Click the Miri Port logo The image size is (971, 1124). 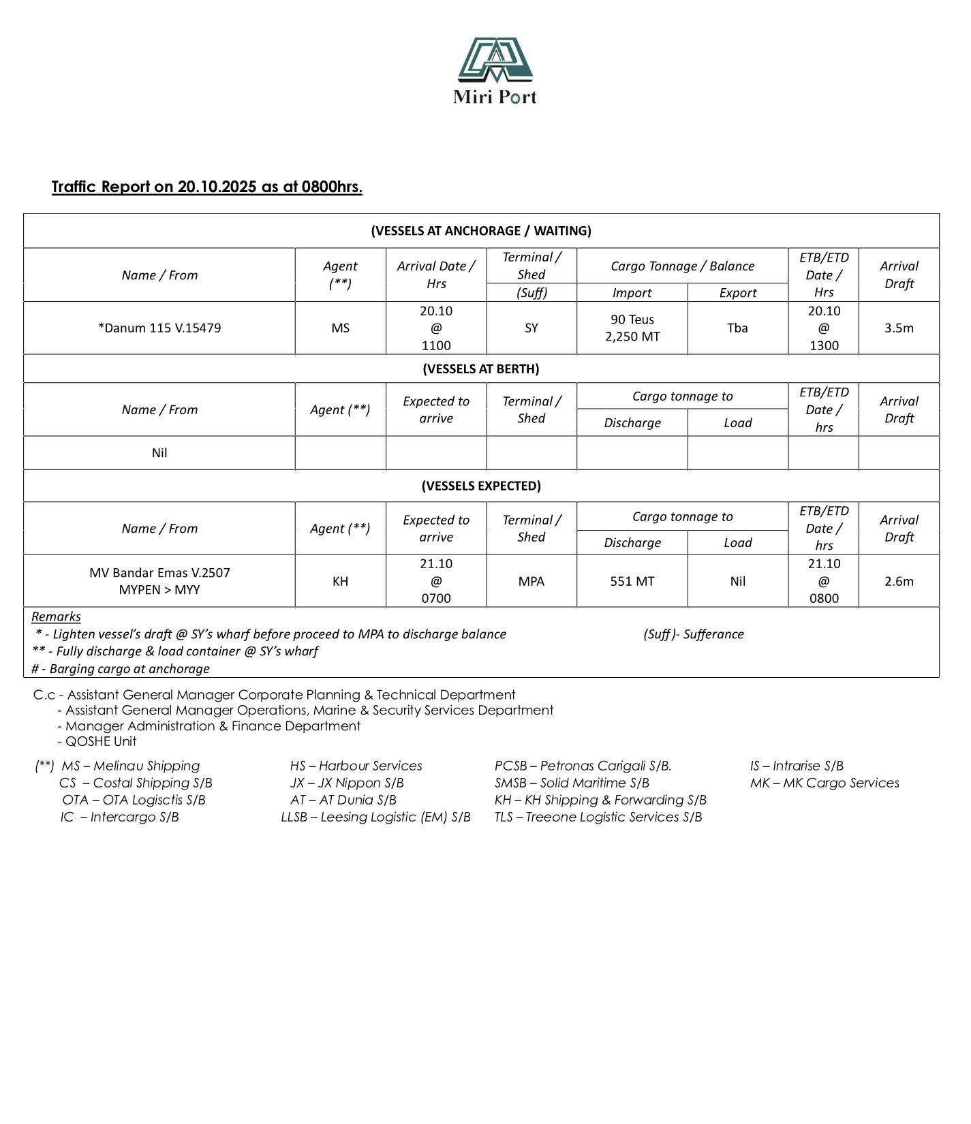coord(495,70)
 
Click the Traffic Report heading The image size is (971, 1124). coord(206,187)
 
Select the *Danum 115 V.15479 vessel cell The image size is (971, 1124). coord(159,328)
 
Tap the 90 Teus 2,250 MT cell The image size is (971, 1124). coord(632,328)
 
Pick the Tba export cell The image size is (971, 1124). coord(737,328)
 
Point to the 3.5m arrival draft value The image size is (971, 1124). coord(898,328)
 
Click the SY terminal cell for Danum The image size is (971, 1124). coord(531,328)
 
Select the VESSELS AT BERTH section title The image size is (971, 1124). coord(480,369)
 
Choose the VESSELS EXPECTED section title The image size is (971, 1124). coord(480,486)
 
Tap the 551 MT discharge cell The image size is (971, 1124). coord(632,581)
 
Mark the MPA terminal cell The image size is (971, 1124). coord(531,581)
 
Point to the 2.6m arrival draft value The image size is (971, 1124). coord(898,581)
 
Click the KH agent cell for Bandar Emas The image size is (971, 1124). coord(340,581)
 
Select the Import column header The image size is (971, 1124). coord(632,293)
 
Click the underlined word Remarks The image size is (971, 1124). coord(56,616)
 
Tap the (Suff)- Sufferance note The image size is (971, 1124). coord(693,634)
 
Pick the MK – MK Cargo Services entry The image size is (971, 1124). coord(824,783)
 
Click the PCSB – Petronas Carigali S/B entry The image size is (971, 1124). coord(583,766)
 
